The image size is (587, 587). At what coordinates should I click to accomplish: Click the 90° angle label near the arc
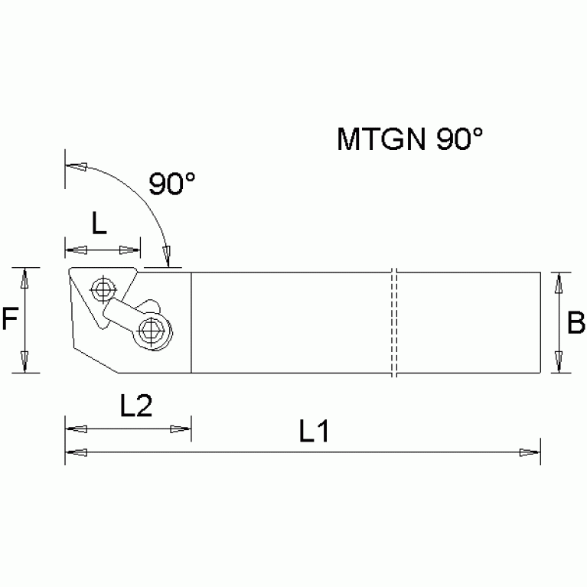click(x=171, y=184)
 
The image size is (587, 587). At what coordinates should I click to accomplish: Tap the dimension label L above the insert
click(x=99, y=223)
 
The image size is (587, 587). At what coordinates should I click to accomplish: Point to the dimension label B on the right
click(x=576, y=324)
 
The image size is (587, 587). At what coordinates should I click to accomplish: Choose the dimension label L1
click(x=314, y=432)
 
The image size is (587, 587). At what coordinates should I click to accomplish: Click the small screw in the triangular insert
click(x=100, y=289)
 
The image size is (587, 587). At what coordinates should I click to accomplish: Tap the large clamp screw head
click(x=152, y=330)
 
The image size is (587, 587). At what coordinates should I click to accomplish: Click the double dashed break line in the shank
click(x=393, y=322)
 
